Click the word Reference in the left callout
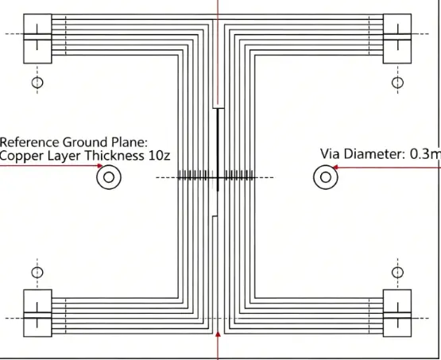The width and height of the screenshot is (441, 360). point(29,142)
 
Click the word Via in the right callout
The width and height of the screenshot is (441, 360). point(331,154)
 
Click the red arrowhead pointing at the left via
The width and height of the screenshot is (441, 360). point(100,165)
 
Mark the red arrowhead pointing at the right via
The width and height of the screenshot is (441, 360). point(335,168)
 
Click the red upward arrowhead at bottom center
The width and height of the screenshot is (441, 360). point(218,334)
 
